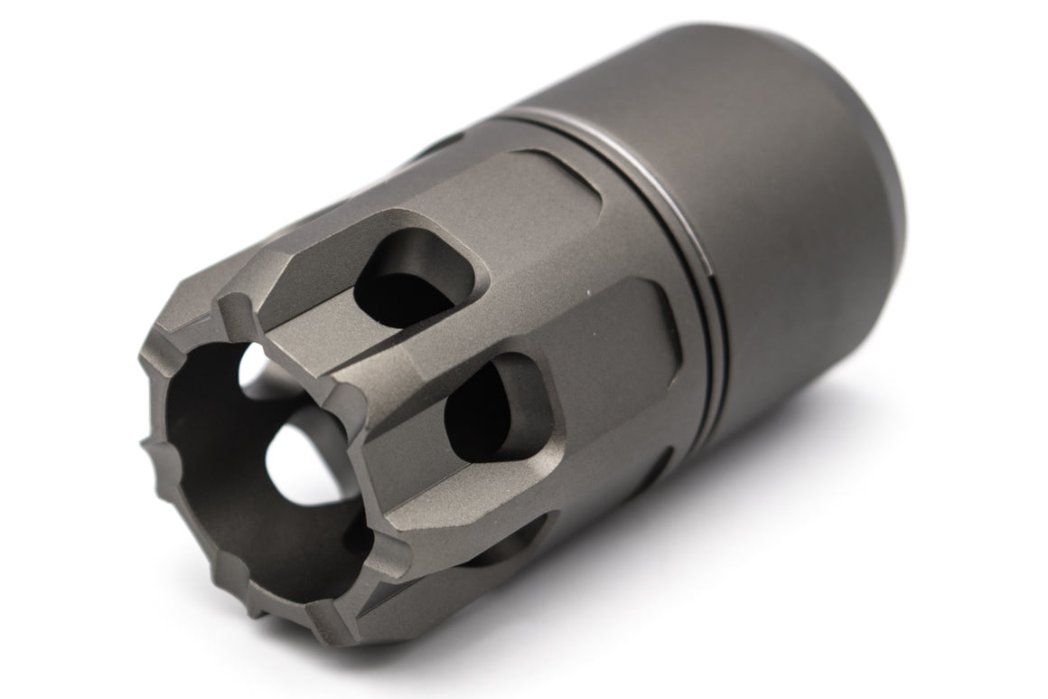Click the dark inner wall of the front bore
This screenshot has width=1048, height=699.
pyautogui.click(x=217, y=452)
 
